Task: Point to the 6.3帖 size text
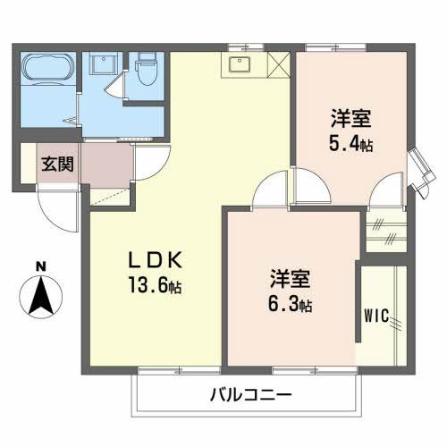290,305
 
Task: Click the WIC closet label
376,316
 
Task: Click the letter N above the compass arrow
39,266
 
